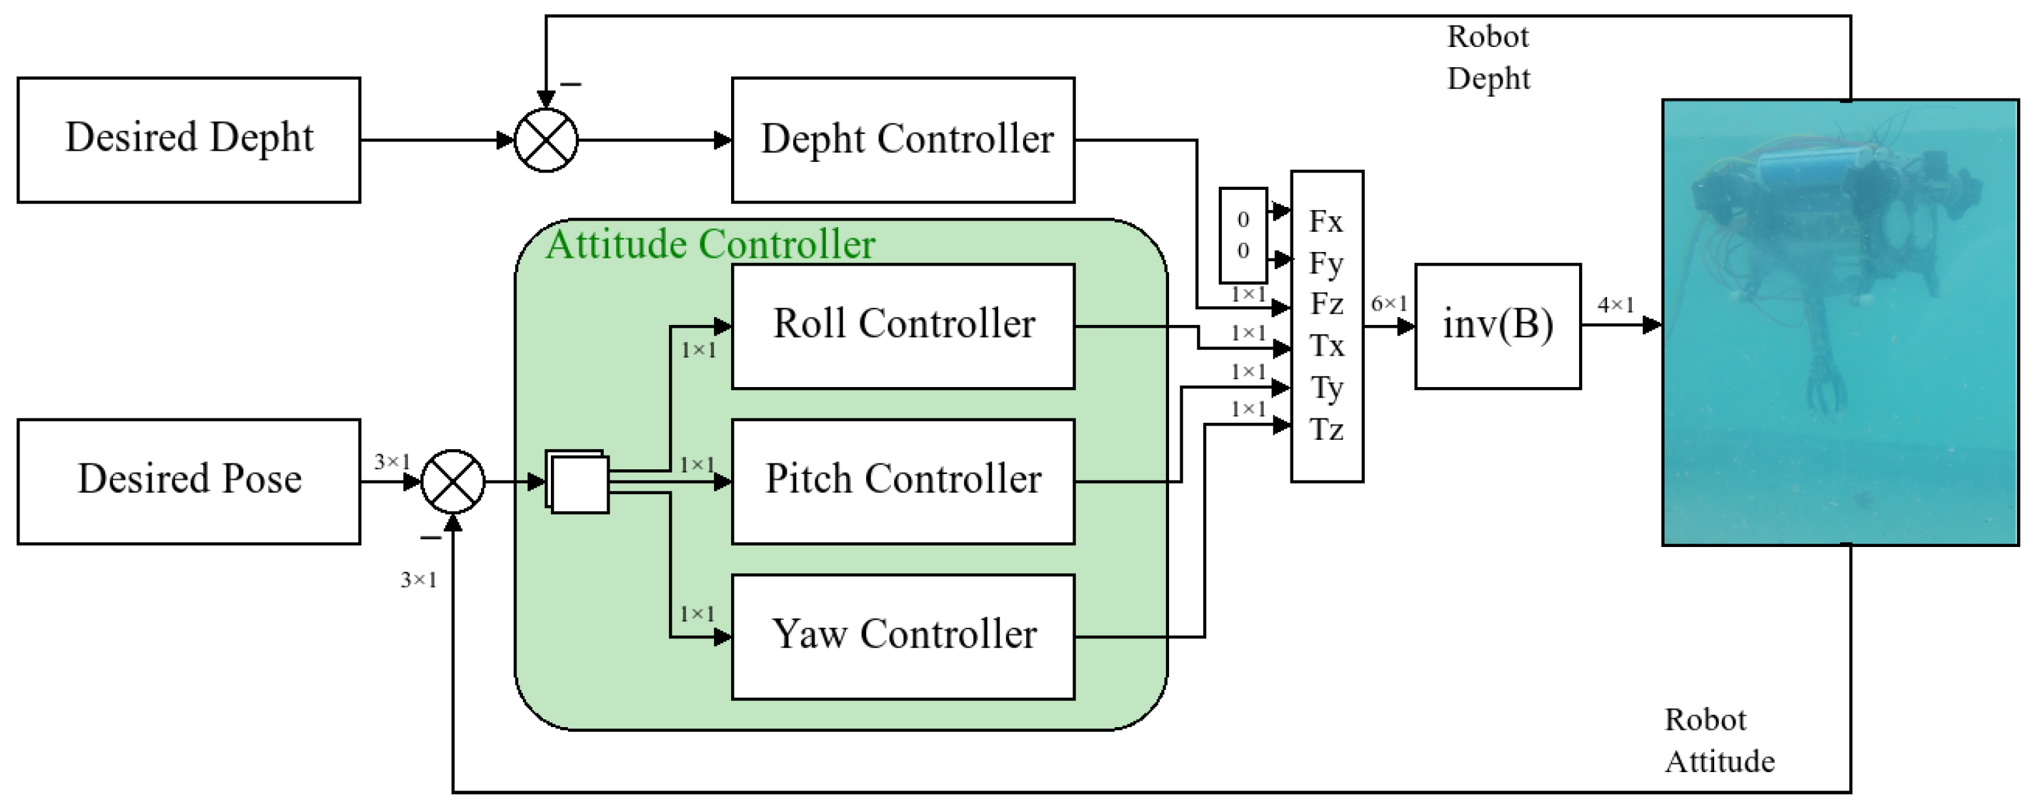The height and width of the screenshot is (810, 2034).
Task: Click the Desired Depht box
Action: [189, 140]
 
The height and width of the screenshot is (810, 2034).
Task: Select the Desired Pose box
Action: [189, 481]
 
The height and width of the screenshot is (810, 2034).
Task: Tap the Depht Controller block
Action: [903, 140]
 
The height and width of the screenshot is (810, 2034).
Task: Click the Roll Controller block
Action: [903, 325]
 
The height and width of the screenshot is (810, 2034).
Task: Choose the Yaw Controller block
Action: [903, 636]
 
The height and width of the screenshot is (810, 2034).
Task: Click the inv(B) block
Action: [1497, 325]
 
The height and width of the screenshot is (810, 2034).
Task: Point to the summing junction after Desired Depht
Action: [546, 140]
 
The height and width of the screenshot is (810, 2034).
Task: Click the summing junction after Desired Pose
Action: [452, 481]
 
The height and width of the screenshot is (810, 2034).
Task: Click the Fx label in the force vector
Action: [1326, 222]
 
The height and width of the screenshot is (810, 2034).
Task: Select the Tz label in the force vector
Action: [1326, 430]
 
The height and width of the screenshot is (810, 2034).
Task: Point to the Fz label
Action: [1326, 304]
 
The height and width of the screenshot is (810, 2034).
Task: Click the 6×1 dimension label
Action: [1389, 304]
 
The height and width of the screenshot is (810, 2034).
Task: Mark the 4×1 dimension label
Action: [1616, 305]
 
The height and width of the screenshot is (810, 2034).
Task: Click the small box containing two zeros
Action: [1243, 235]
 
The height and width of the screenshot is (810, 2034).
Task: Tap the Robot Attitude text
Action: [1719, 741]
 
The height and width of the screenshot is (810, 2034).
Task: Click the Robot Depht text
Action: [1488, 57]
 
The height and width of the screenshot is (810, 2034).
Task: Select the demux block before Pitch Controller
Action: [578, 482]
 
